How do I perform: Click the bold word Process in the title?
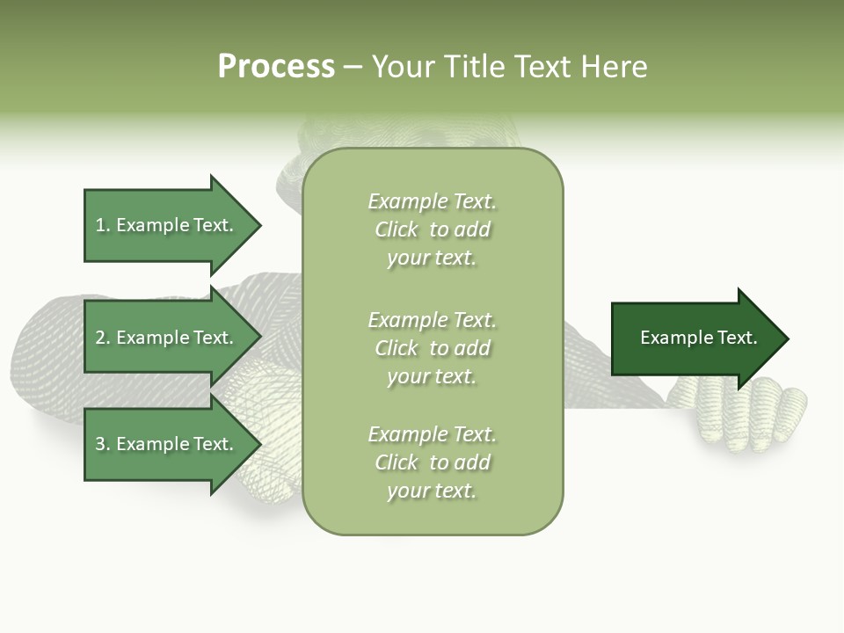pos(276,67)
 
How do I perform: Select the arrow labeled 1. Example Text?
pos(167,225)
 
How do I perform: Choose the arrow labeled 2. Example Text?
pos(167,338)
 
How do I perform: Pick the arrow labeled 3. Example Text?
pos(167,444)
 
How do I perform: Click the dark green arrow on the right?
pos(695,338)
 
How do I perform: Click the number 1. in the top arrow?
pos(102,225)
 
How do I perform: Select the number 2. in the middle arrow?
pos(102,338)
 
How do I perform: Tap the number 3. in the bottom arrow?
pos(102,444)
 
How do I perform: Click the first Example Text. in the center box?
pos(433,201)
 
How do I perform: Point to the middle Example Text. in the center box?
pos(433,319)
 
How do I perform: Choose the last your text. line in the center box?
pos(432,491)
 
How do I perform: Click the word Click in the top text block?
pos(397,229)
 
